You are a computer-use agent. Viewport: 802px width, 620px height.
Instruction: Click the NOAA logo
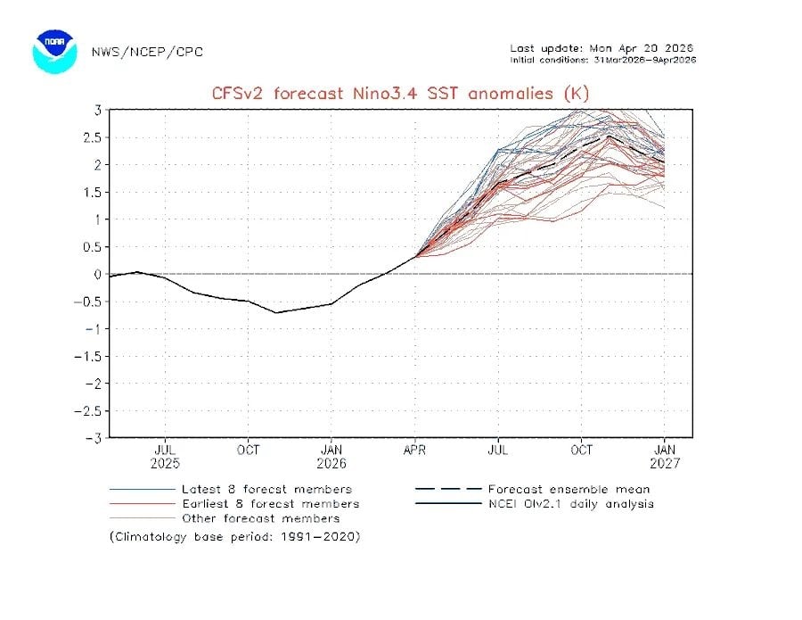[55, 52]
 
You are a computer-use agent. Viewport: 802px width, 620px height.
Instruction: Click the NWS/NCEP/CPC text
[147, 52]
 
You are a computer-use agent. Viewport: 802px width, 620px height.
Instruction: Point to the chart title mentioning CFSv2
[400, 93]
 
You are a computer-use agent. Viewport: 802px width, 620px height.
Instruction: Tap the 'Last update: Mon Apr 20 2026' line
[601, 48]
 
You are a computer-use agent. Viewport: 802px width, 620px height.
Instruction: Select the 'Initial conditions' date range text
[602, 60]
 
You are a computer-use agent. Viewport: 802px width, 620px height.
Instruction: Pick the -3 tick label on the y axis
[93, 438]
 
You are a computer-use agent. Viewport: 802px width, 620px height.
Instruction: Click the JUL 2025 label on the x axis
[165, 457]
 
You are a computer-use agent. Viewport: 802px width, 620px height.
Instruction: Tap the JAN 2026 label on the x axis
[331, 457]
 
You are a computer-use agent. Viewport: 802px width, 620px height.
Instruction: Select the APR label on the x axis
[414, 451]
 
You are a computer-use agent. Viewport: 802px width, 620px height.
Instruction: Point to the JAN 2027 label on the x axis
[665, 457]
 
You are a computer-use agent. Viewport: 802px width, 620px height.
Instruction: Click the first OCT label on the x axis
[248, 451]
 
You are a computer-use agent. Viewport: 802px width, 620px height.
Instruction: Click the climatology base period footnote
[235, 537]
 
